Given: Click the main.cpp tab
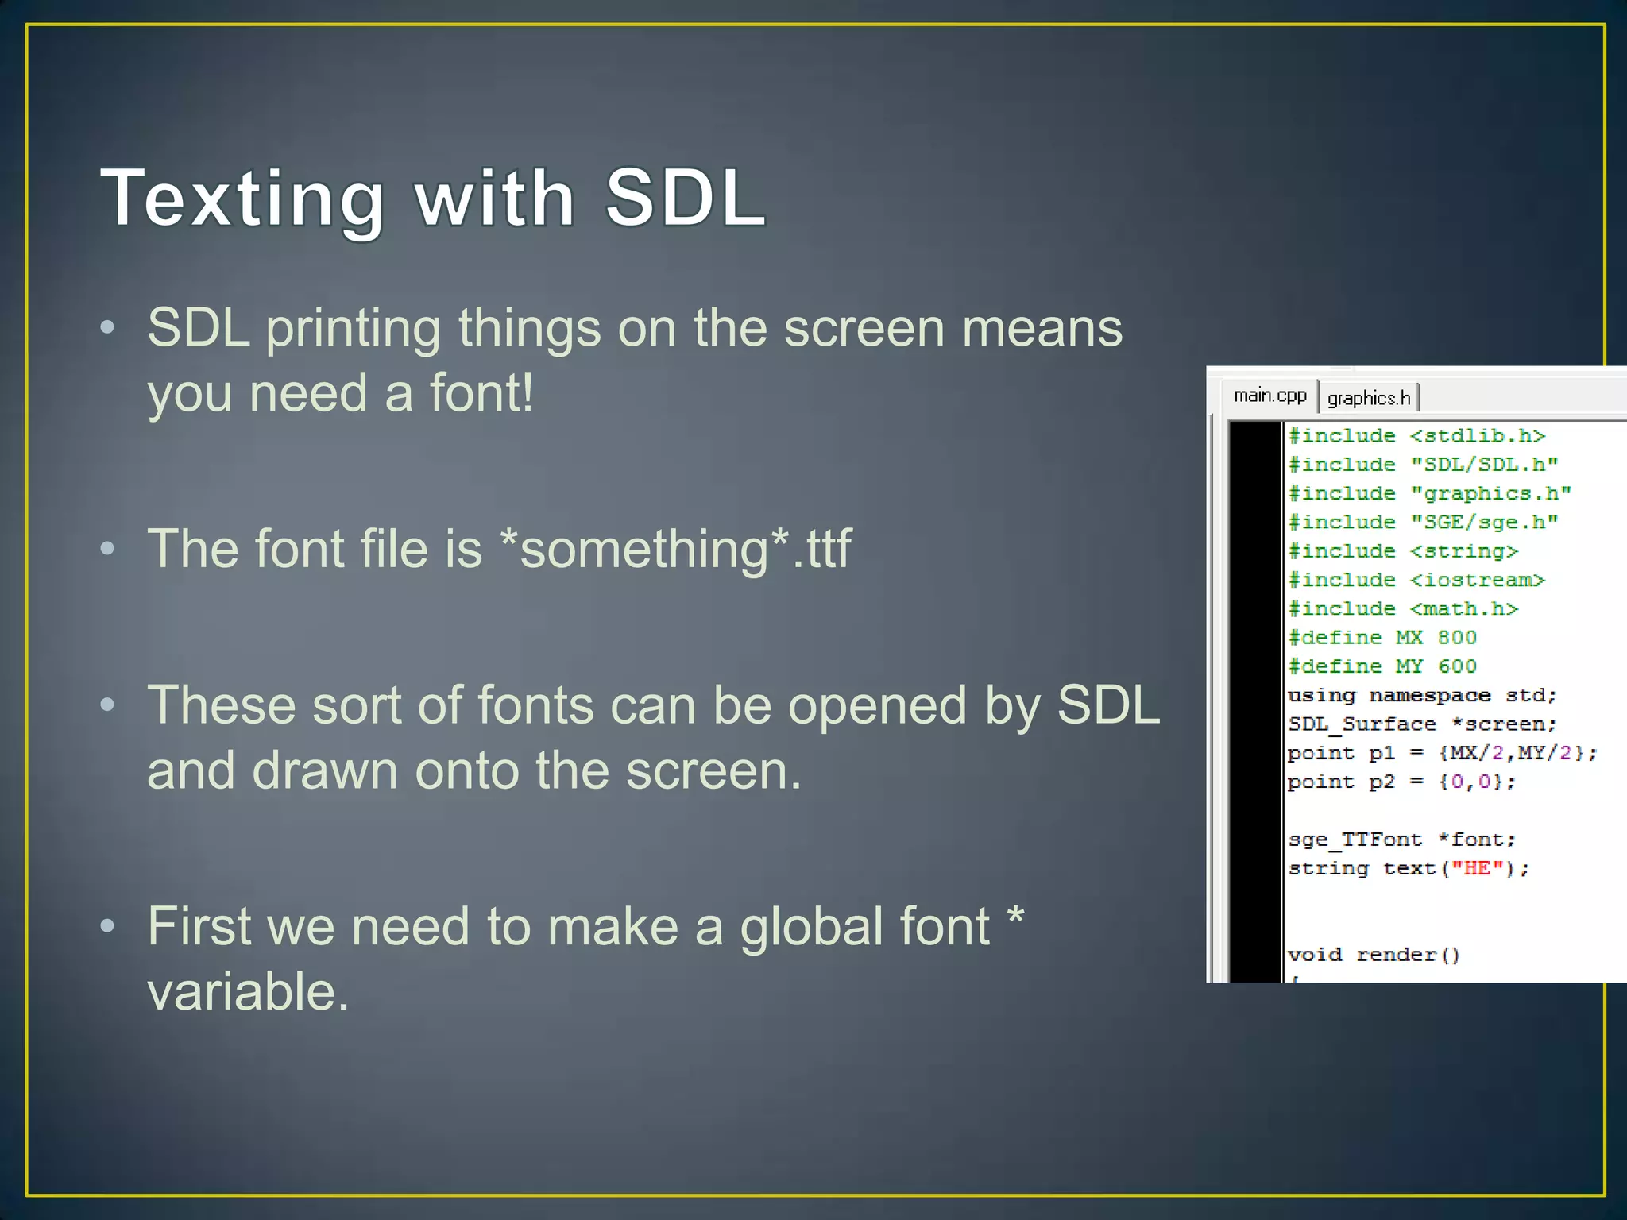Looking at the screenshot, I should pos(1270,396).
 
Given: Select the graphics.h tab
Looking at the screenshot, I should pos(1368,398).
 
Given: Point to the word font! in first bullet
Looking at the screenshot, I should pos(481,393).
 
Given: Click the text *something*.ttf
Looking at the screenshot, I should pos(676,549).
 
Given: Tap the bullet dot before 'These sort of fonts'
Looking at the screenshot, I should pos(108,705).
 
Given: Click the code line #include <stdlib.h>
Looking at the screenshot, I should pos(1416,436).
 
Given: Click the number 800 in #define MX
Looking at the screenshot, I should pos(1456,638).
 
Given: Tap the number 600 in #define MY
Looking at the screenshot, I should pos(1456,666).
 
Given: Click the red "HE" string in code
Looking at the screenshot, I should pos(1477,868).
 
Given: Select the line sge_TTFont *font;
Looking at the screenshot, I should pos(1401,840).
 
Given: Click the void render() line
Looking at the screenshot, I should pos(1374,955).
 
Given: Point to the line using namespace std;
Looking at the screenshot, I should pos(1421,696).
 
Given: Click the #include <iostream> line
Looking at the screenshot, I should pos(1416,581).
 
